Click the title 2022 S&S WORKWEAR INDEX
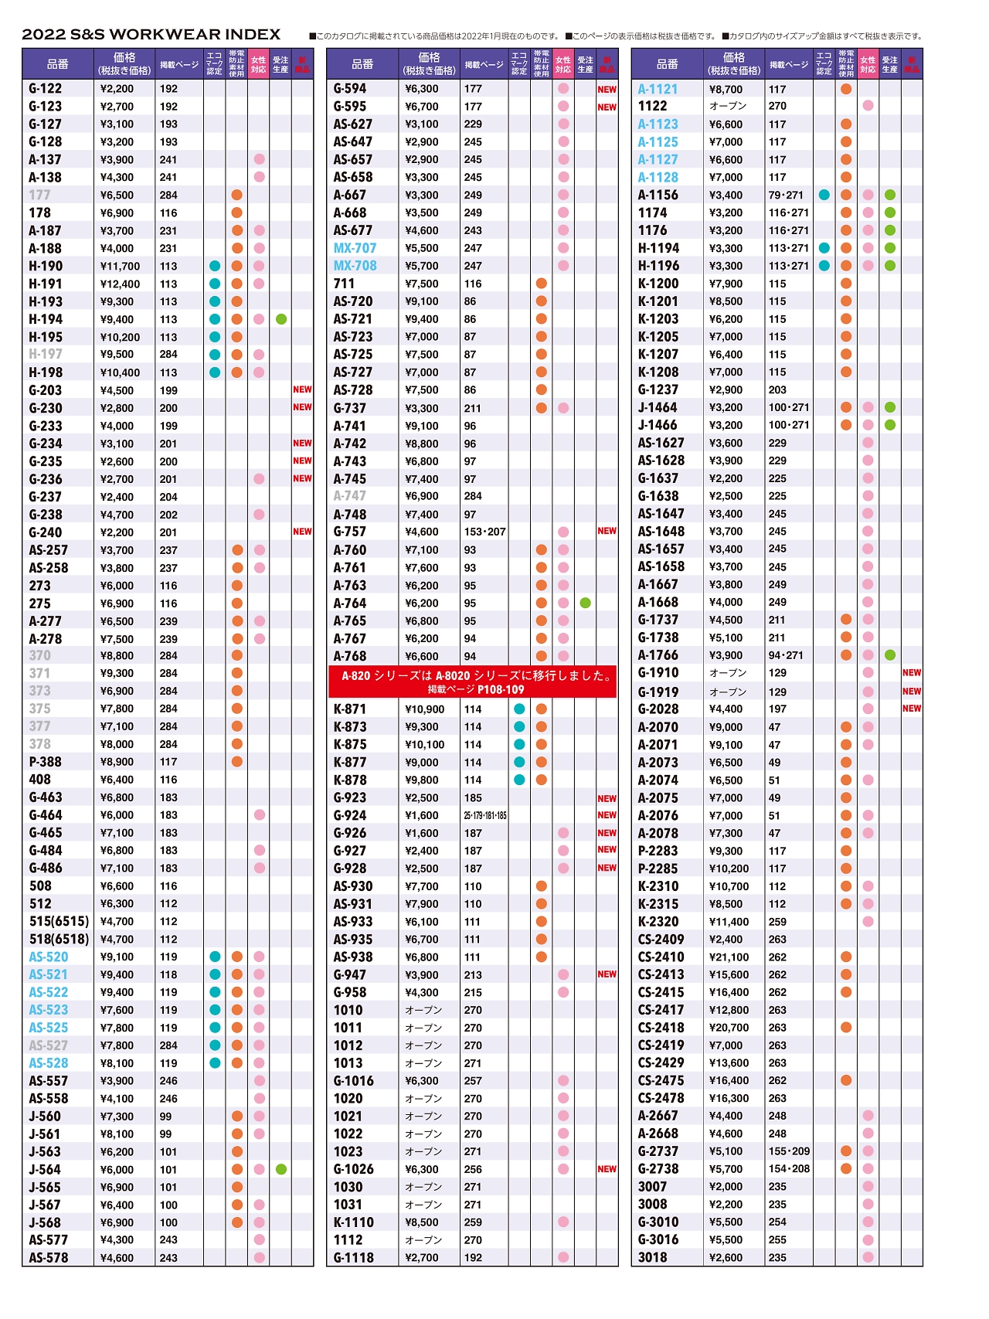(151, 35)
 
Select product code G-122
(46, 89)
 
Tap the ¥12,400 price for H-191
(121, 284)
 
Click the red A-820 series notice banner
(473, 682)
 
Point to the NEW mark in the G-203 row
(302, 390)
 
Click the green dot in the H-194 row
(281, 319)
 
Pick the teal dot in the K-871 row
(519, 709)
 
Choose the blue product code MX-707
(355, 248)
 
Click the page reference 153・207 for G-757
(484, 532)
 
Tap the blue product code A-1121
(658, 89)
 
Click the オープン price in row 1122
(728, 106)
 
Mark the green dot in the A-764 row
(586, 603)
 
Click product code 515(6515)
(59, 922)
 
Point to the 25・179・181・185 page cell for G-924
(485, 816)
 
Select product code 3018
(652, 1257)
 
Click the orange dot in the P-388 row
(237, 762)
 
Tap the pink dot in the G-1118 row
(563, 1257)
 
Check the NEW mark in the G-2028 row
(912, 709)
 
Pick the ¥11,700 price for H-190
(121, 267)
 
